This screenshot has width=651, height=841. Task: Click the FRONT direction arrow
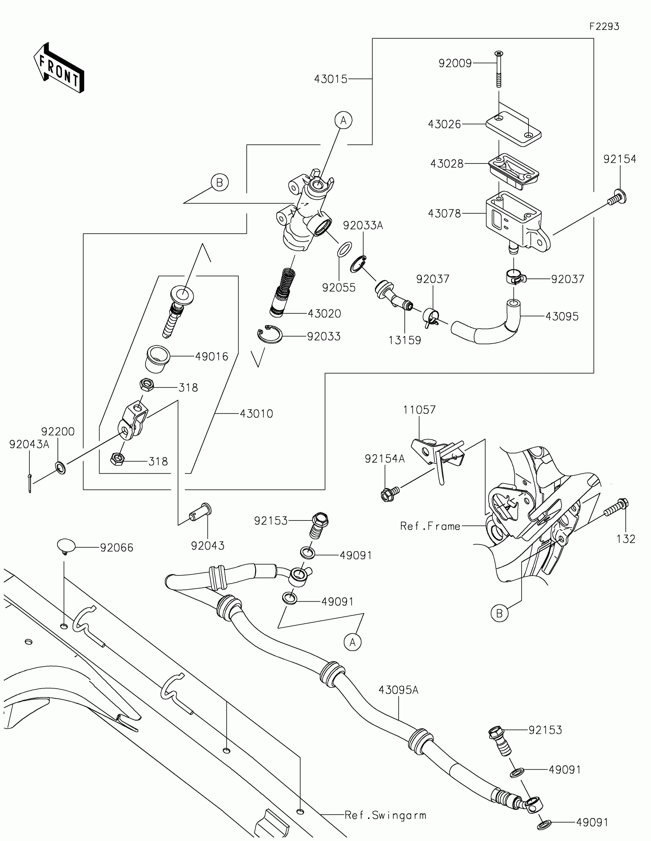(x=59, y=69)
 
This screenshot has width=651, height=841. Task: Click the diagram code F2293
(x=604, y=26)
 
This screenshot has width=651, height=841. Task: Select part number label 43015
(x=331, y=79)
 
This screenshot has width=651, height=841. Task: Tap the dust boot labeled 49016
(x=158, y=358)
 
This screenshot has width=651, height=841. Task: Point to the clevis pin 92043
(x=200, y=513)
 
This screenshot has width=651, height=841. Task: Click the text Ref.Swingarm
(x=385, y=815)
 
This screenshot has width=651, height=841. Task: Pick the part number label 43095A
(x=398, y=690)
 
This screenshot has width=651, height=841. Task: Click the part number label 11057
(x=419, y=410)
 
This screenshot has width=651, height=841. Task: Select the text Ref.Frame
(x=430, y=526)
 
